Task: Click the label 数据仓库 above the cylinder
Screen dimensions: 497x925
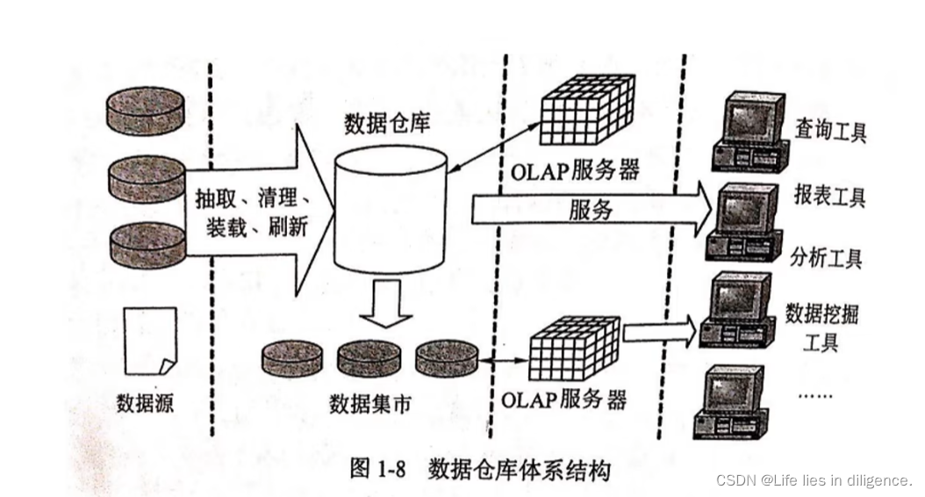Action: [388, 123]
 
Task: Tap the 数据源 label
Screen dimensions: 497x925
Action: [145, 403]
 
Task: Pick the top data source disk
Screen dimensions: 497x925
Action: [146, 110]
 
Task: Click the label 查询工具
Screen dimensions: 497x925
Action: [829, 133]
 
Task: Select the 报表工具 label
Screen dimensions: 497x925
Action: [828, 196]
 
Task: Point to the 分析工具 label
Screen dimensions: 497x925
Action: [826, 257]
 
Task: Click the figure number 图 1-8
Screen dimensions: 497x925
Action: [376, 469]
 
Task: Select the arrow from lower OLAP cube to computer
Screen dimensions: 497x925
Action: [659, 332]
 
